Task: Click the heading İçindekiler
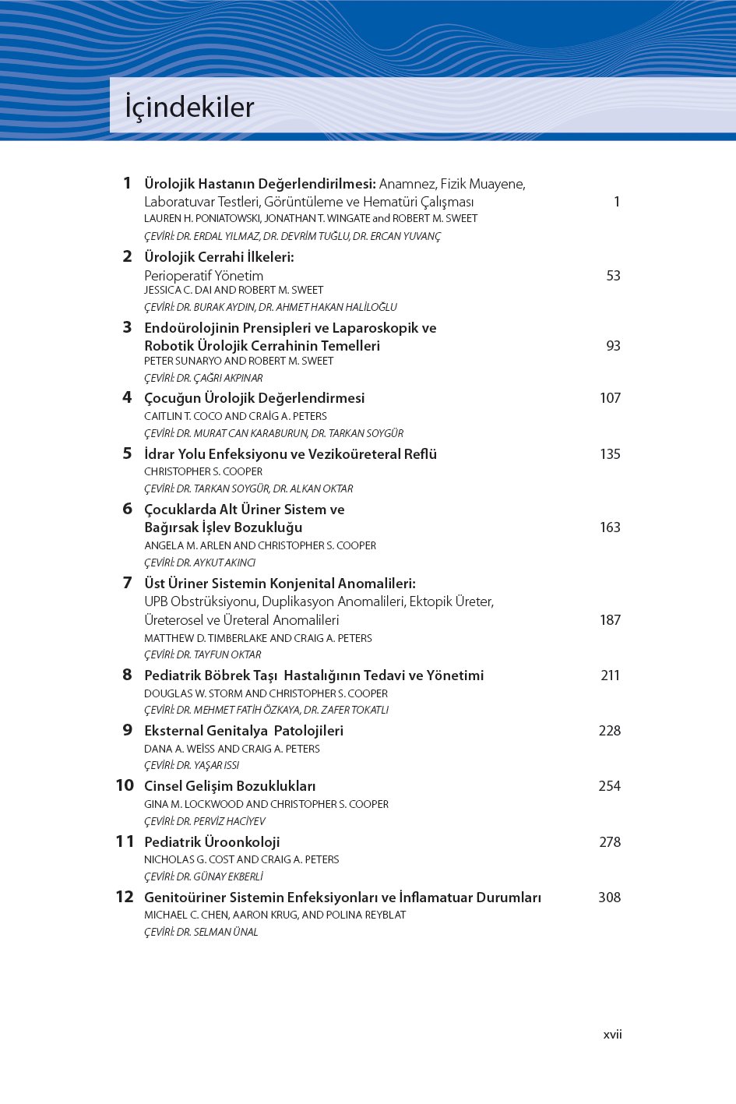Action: point(189,108)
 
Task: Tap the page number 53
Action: point(613,276)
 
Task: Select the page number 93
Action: point(613,346)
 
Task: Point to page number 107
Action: point(610,398)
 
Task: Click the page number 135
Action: point(610,454)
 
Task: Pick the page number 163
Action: point(610,527)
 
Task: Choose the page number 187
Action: point(610,620)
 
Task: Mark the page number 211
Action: point(610,675)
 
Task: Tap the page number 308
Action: point(609,898)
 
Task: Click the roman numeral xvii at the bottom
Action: point(612,1035)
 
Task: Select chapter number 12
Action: point(125,897)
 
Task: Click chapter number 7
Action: point(127,583)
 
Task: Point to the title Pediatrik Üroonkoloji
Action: point(212,842)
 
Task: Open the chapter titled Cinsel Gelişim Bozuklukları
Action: point(230,786)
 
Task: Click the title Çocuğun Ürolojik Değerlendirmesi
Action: point(254,398)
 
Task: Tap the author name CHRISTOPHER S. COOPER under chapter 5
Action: point(203,471)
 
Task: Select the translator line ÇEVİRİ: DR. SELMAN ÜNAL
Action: point(201,932)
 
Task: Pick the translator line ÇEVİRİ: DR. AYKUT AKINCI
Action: point(199,563)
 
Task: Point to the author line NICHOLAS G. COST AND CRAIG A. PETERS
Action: point(241,859)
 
